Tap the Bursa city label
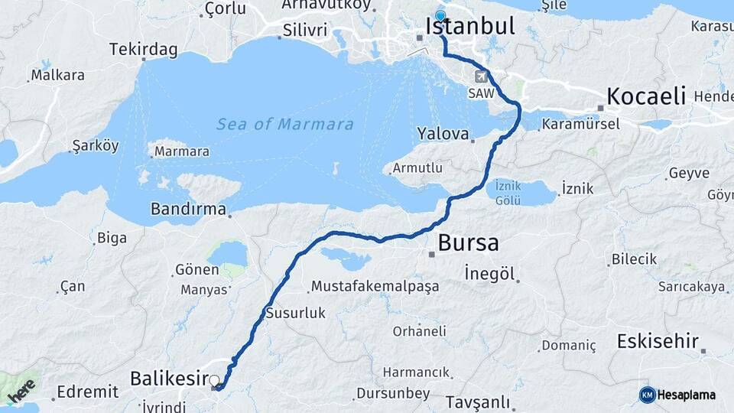pos(468,243)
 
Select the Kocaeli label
pos(646,96)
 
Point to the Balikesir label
pos(170,378)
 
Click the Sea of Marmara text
pos(284,124)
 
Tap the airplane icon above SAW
pos(481,76)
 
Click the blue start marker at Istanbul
pos(440,16)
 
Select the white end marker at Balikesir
pos(214,380)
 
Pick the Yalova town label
pos(443,134)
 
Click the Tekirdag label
pos(143,50)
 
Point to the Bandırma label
pos(188,208)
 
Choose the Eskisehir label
pos(658,341)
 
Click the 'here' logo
pos(22,390)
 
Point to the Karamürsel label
pos(581,124)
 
